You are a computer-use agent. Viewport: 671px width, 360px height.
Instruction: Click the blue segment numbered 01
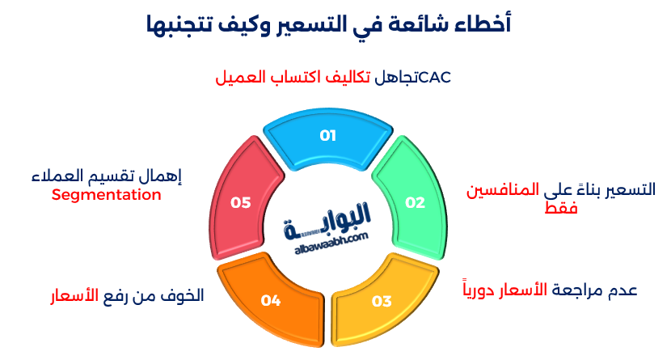[x=327, y=136]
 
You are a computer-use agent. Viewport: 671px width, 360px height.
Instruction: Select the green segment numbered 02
[x=414, y=202]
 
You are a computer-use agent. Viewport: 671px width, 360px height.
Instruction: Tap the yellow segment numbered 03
[x=381, y=301]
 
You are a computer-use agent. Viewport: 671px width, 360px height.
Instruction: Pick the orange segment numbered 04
[x=270, y=300]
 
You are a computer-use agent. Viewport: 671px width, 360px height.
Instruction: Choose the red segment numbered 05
[x=240, y=202]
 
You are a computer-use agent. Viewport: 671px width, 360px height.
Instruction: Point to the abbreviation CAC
[x=435, y=77]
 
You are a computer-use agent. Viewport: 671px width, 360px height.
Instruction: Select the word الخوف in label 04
[x=180, y=295]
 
